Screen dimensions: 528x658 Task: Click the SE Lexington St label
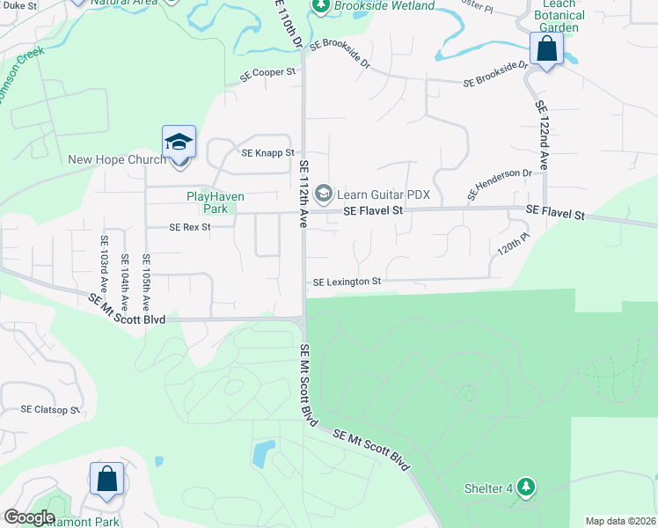347,282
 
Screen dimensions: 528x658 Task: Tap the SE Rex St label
191,227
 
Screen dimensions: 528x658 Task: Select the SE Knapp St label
268,153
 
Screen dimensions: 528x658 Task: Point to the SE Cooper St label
269,72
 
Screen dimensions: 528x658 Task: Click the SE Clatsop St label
50,410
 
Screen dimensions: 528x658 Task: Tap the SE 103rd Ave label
104,257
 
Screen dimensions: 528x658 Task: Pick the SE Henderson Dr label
500,184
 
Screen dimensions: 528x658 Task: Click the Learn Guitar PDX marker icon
323,192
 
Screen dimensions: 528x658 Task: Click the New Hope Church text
117,159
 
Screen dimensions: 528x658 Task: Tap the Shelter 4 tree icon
526,486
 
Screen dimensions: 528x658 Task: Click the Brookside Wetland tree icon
320,7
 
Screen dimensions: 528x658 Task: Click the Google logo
29,517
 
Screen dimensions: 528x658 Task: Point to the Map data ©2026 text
620,521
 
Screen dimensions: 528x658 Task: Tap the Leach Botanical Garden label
559,16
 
